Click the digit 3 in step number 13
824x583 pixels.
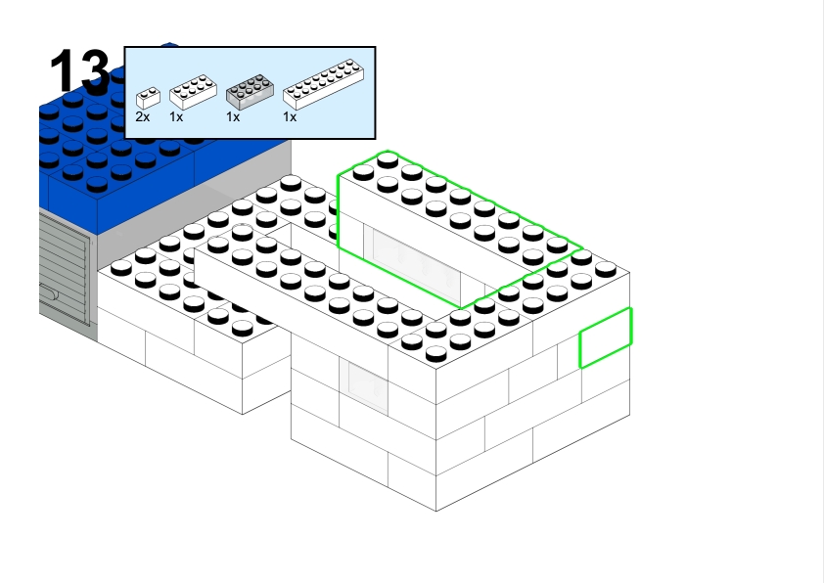click(96, 72)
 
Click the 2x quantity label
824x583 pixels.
click(143, 116)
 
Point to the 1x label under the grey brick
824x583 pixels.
click(233, 116)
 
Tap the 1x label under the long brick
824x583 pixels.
click(290, 116)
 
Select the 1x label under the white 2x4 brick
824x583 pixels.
click(176, 116)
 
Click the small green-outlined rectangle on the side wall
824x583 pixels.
click(605, 338)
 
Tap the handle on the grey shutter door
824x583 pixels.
click(49, 291)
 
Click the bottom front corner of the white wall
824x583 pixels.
click(436, 509)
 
